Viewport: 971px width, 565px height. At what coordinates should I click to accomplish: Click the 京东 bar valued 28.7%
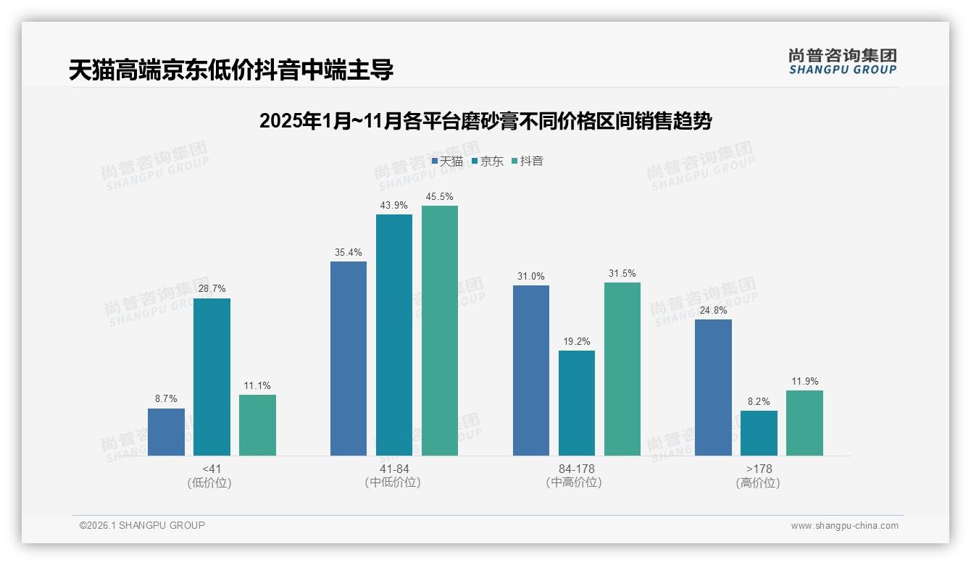(212, 377)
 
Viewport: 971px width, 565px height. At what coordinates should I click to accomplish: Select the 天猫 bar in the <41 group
(166, 432)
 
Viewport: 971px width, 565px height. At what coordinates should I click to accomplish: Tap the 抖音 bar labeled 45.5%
(440, 330)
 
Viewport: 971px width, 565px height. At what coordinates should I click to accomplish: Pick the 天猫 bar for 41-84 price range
(349, 359)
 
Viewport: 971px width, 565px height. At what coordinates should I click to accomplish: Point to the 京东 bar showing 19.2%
(577, 403)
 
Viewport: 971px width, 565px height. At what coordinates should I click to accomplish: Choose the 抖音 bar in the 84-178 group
(622, 369)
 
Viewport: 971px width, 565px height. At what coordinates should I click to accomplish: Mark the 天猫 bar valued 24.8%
(713, 388)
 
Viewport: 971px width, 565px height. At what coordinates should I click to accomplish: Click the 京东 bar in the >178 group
(759, 433)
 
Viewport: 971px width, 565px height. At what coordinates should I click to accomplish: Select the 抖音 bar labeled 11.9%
(804, 423)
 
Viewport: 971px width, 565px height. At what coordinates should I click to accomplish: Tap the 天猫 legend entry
(447, 162)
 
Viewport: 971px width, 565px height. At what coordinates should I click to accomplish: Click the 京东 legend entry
(487, 162)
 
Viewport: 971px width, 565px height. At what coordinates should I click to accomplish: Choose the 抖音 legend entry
(528, 162)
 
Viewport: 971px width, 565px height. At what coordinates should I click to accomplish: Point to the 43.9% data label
(394, 206)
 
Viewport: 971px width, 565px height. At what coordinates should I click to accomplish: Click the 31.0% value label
(531, 277)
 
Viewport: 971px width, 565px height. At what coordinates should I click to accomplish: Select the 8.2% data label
(759, 402)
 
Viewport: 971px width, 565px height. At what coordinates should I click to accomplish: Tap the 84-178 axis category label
(577, 469)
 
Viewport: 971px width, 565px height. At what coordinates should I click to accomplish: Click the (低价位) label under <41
(209, 482)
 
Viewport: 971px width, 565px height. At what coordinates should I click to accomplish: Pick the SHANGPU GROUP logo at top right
(842, 61)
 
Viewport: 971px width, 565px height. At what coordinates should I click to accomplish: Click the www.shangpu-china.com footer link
(844, 526)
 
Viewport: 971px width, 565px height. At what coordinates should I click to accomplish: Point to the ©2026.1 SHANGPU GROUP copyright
(142, 525)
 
